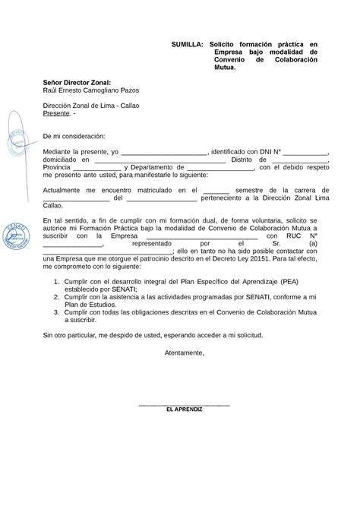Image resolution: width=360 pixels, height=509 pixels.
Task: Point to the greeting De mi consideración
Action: (74, 134)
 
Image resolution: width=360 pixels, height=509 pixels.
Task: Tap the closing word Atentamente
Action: (185, 353)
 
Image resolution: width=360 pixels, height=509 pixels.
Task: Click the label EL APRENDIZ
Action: (185, 409)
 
